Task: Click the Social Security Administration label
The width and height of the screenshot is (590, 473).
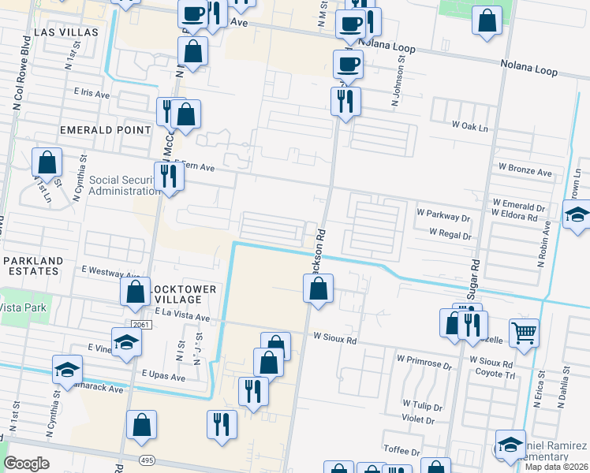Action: pyautogui.click(x=124, y=185)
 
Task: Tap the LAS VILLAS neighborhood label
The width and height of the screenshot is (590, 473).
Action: pyautogui.click(x=66, y=32)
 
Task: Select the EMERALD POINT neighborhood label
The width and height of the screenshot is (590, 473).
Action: pyautogui.click(x=105, y=129)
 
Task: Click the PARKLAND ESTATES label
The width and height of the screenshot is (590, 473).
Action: pyautogui.click(x=32, y=266)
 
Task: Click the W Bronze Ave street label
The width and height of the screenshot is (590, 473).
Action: pyautogui.click(x=525, y=171)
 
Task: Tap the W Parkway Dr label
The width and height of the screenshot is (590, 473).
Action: pyautogui.click(x=444, y=212)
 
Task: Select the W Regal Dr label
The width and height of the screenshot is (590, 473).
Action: pyautogui.click(x=450, y=234)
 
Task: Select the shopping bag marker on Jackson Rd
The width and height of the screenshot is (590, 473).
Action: pyautogui.click(x=318, y=289)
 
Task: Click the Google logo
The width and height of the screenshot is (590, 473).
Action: pyautogui.click(x=26, y=464)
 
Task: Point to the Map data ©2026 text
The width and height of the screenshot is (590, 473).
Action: pyautogui.click(x=557, y=467)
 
